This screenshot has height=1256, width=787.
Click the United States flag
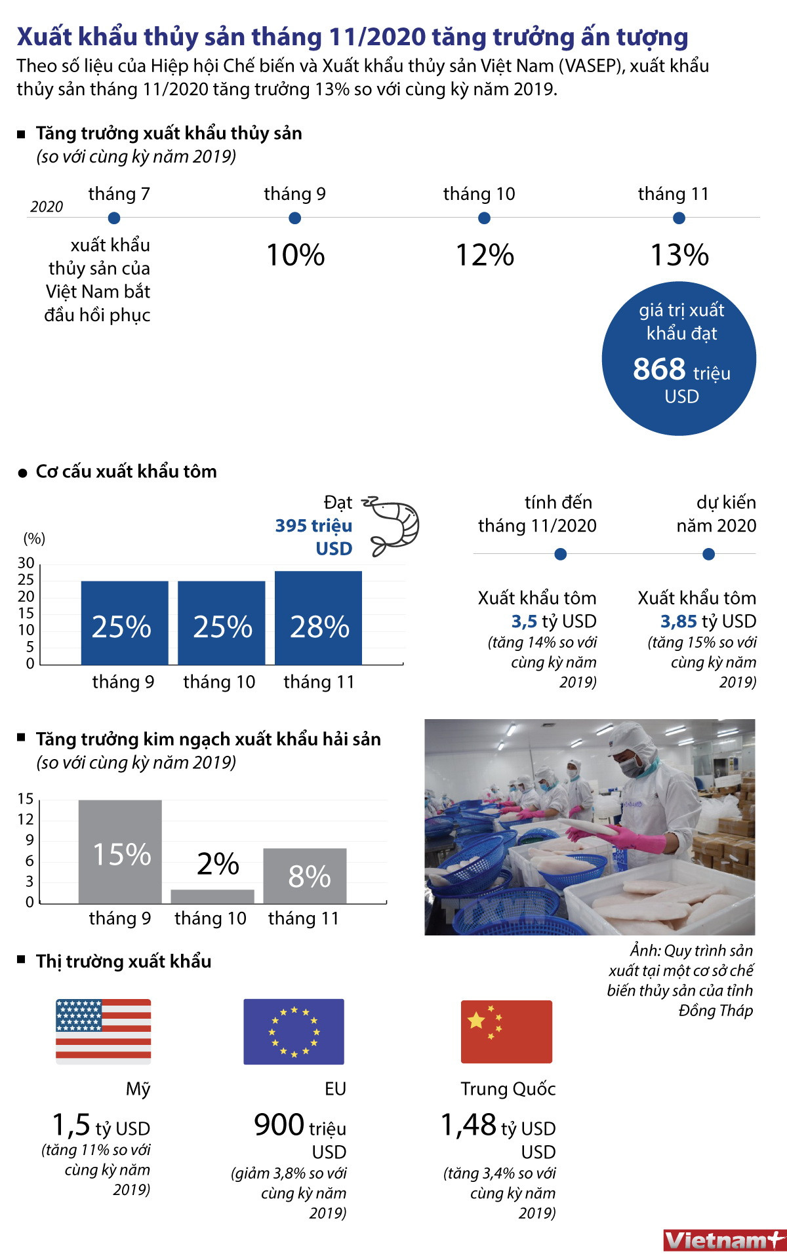[104, 1030]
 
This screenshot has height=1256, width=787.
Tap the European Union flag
[294, 1031]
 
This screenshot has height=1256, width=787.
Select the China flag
[506, 1031]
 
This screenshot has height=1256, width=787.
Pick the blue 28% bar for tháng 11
[318, 618]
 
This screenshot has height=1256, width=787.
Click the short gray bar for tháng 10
[212, 896]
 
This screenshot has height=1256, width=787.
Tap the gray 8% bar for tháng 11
[305, 876]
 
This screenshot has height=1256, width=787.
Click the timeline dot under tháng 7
[114, 218]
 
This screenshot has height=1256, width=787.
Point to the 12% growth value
[485, 255]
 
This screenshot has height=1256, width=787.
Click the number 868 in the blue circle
[659, 369]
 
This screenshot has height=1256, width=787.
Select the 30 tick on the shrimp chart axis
[26, 563]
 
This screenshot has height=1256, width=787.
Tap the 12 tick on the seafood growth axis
[26, 819]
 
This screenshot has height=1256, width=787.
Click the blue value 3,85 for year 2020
[678, 621]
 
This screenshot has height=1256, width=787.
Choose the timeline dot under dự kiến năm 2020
[708, 555]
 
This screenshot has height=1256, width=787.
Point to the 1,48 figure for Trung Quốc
[468, 1125]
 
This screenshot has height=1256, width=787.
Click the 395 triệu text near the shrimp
[313, 526]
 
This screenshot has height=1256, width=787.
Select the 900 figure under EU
[279, 1125]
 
